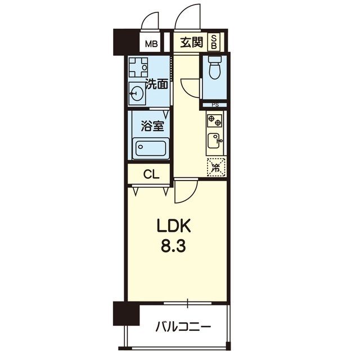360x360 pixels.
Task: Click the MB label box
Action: [x=151, y=43]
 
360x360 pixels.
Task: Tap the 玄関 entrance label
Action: [x=191, y=43]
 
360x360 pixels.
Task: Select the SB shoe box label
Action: [x=214, y=42]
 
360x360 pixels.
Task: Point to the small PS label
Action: [x=215, y=105]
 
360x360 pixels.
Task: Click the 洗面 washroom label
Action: [x=157, y=84]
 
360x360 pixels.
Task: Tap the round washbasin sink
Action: [x=136, y=93]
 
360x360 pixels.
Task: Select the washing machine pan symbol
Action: [x=138, y=67]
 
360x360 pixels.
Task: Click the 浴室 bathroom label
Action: [x=152, y=126]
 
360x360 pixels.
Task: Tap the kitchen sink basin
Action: [x=215, y=141]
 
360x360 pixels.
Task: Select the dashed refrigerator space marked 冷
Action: [x=216, y=167]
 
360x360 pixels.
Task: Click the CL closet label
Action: [x=151, y=175]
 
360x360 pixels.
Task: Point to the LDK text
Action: [x=174, y=226]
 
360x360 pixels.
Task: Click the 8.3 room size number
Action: [x=174, y=246]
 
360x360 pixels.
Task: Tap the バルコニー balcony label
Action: [x=183, y=326]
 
